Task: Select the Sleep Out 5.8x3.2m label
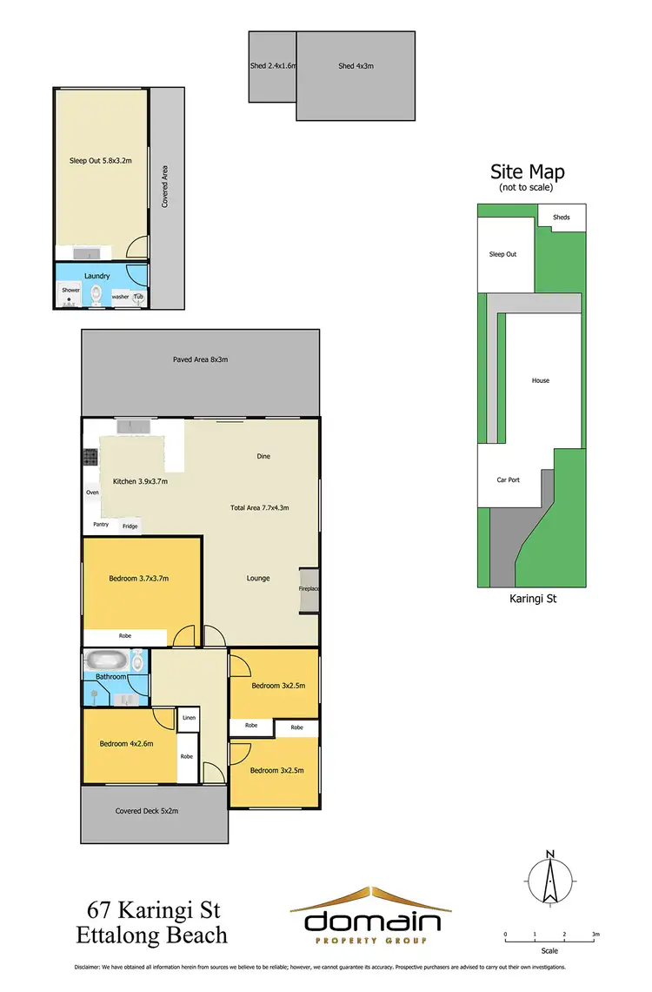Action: (x=100, y=160)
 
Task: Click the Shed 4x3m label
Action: (x=356, y=65)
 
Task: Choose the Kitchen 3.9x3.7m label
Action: (x=140, y=481)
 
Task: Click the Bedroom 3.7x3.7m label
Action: (x=138, y=578)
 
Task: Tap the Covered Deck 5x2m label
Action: (x=146, y=811)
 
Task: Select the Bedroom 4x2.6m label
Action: (x=126, y=743)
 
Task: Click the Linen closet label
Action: (x=189, y=718)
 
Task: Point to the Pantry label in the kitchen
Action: (x=101, y=525)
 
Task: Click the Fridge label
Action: (x=130, y=526)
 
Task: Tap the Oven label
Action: (x=92, y=493)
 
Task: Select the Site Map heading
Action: (x=527, y=171)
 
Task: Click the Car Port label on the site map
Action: (x=508, y=479)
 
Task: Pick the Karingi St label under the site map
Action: (x=529, y=599)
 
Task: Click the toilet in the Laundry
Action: (x=96, y=294)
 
